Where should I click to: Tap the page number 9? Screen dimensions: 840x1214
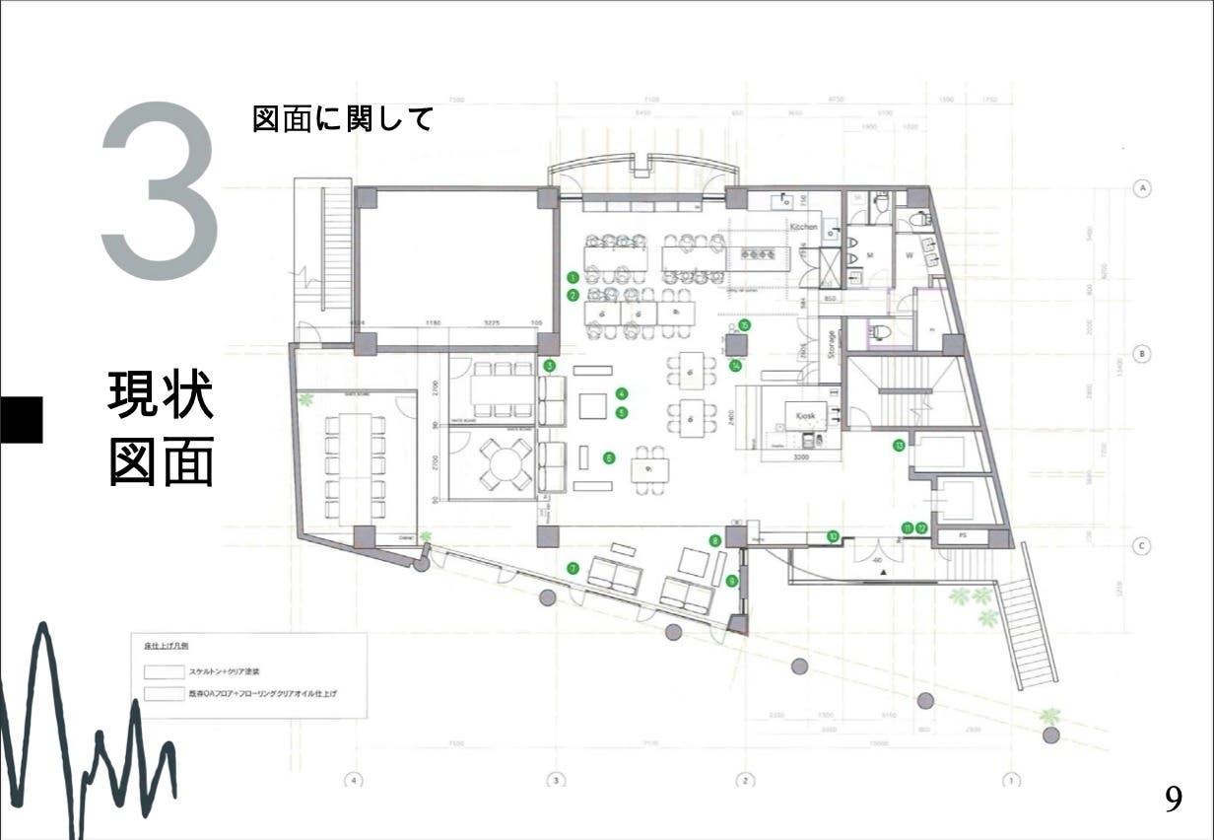point(1174,798)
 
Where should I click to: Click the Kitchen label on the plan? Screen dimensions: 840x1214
point(804,227)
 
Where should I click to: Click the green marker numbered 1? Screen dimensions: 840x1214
point(573,277)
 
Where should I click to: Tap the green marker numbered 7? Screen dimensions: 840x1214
point(573,568)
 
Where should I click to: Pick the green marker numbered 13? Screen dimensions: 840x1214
point(899,446)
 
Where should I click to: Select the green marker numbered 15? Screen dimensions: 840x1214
point(745,324)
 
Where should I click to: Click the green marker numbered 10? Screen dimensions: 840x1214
point(833,536)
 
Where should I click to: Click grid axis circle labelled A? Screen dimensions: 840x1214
point(1142,187)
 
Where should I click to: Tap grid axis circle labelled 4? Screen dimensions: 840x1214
point(353,781)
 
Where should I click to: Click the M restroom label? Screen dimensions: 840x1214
point(869,254)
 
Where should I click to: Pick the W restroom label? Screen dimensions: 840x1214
point(910,254)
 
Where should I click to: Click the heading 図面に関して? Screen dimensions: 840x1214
point(343,119)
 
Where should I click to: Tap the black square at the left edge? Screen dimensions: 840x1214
point(21,419)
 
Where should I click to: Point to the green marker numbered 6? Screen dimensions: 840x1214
point(609,457)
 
